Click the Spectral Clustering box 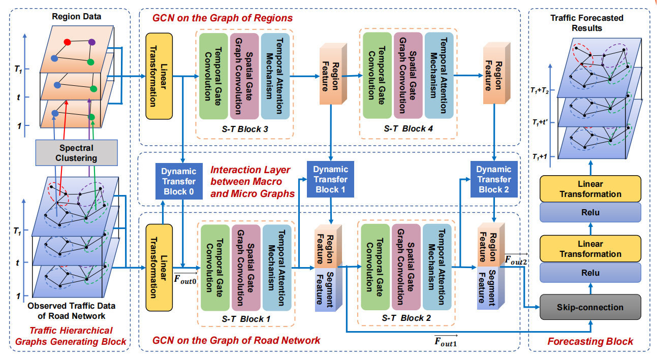(x=77, y=153)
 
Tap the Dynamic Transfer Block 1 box (x=330, y=179)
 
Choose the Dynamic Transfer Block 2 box (x=494, y=179)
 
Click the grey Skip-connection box (x=590, y=308)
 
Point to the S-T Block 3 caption (x=245, y=129)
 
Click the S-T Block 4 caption (x=409, y=129)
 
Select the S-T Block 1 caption (x=246, y=319)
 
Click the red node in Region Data (x=67, y=41)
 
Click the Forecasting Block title (x=590, y=341)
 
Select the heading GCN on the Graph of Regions (x=223, y=18)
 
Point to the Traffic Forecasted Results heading (x=587, y=22)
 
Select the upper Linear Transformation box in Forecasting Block (x=590, y=189)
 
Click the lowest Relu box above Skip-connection (x=590, y=273)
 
